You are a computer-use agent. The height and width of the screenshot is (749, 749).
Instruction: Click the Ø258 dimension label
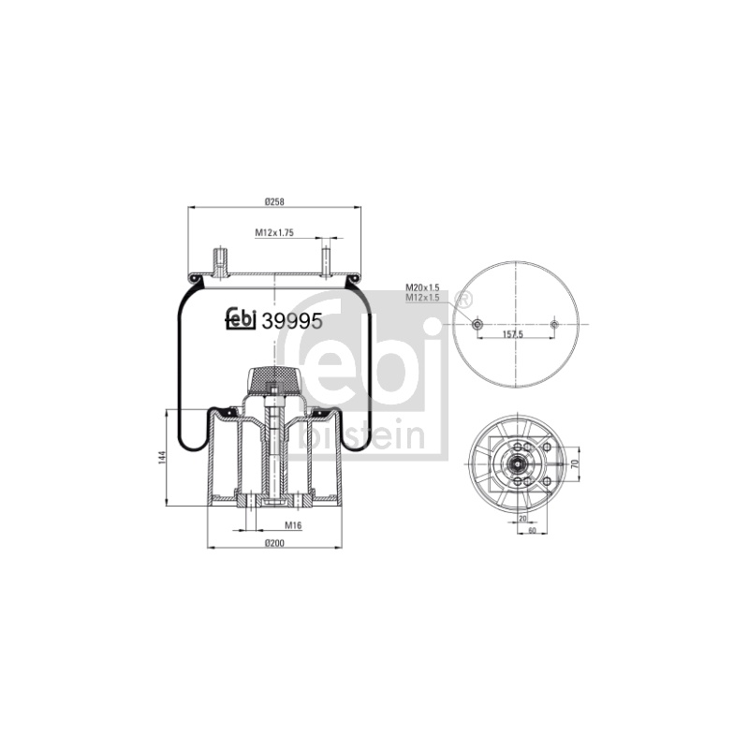[274, 201]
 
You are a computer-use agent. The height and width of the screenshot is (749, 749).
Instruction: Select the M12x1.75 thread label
[274, 232]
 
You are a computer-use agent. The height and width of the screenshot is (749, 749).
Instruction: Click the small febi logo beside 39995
[242, 319]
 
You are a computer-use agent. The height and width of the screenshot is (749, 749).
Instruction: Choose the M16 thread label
[293, 525]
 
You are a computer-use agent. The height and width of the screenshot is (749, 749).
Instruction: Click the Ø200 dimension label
[274, 543]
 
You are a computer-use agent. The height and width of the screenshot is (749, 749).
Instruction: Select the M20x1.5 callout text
[422, 287]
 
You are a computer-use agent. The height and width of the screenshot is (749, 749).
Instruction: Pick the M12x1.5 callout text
[422, 298]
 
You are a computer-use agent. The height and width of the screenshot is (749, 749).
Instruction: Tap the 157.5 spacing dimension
[513, 334]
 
